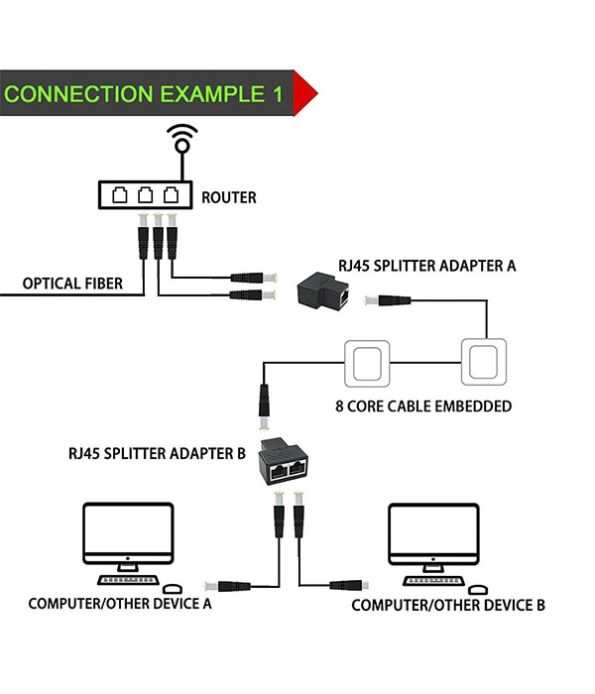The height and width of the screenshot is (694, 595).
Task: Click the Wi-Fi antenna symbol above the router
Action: [180, 139]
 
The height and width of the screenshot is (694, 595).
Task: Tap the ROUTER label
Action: [229, 197]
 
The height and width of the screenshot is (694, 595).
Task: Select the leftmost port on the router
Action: [121, 194]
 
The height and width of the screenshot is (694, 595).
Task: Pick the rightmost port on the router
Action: [171, 194]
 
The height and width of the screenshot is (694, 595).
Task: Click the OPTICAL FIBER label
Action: [73, 284]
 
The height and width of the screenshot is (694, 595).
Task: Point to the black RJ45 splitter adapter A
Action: [328, 291]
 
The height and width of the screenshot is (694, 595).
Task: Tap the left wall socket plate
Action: [368, 363]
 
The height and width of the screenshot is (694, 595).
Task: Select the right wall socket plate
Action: [486, 363]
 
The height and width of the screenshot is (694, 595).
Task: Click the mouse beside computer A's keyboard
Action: [172, 589]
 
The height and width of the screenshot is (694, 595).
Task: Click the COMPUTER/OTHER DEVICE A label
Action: [120, 603]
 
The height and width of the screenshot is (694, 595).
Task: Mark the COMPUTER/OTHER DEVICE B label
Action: [448, 605]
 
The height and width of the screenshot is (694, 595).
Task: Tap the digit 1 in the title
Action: [277, 94]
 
